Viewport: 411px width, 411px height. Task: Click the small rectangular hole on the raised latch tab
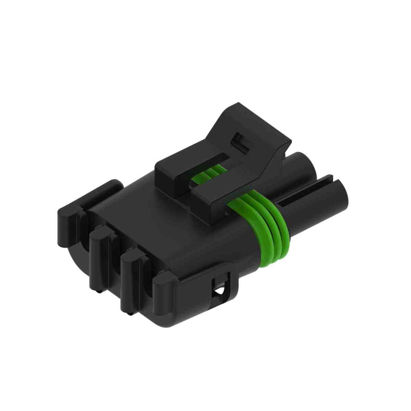pyautogui.click(x=238, y=141)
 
